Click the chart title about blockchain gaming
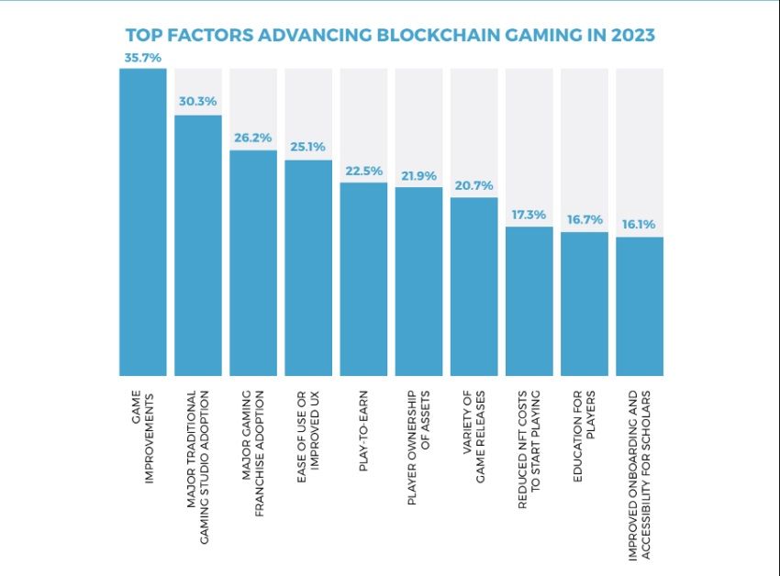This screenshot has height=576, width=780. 390,36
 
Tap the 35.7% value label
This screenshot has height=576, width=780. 143,58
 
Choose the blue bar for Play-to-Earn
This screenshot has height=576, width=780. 363,279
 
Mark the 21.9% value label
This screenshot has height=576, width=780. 418,176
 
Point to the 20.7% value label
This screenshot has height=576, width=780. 474,186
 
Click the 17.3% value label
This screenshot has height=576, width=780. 529,216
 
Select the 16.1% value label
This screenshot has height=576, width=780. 640,226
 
